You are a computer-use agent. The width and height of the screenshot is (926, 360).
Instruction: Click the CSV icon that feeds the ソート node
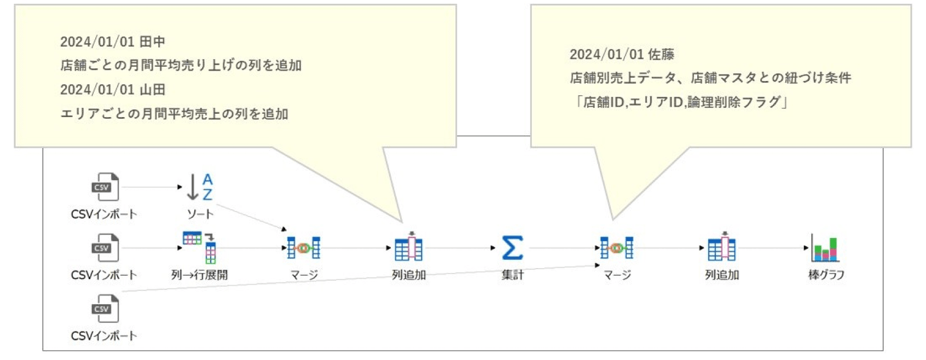(105, 187)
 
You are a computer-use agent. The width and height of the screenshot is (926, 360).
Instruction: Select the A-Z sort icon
(200, 187)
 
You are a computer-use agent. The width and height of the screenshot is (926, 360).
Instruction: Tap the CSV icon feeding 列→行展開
(105, 248)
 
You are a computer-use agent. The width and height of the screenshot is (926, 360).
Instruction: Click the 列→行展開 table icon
(200, 247)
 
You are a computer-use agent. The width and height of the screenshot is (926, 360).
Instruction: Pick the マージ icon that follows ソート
(304, 248)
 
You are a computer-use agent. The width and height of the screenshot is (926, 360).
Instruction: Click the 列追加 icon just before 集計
(408, 248)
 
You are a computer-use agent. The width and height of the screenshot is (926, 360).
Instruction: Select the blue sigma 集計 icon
(512, 248)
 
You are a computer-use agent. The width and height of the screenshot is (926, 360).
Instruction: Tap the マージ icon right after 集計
(617, 248)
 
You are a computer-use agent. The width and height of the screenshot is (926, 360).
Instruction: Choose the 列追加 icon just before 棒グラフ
(721, 248)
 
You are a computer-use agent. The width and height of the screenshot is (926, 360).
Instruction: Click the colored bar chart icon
(825, 248)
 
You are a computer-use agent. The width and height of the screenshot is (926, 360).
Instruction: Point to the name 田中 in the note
(152, 42)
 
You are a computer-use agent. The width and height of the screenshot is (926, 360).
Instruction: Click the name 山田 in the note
(152, 90)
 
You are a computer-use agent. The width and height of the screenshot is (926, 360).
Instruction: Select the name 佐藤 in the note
(661, 54)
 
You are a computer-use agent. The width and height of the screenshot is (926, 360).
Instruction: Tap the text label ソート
(200, 214)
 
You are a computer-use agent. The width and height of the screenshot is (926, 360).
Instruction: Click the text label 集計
(512, 275)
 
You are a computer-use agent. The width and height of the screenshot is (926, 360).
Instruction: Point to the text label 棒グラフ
(826, 275)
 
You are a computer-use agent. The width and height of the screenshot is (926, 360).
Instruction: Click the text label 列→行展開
(199, 275)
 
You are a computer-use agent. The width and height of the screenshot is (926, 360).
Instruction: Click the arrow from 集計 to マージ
(564, 248)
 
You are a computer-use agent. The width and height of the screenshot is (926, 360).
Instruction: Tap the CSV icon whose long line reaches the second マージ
(105, 309)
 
